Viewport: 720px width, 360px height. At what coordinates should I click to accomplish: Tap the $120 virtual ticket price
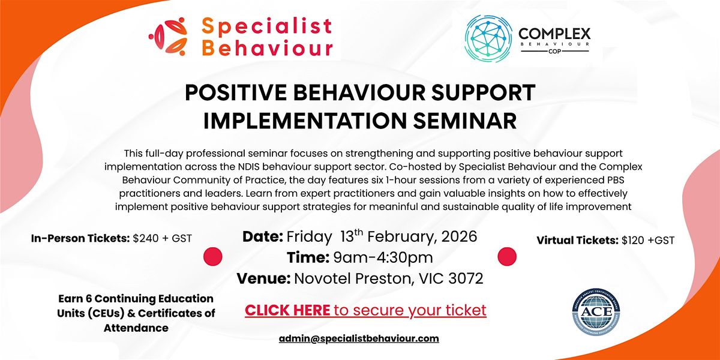[x=631, y=241]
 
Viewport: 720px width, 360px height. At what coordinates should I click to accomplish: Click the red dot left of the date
[x=213, y=256]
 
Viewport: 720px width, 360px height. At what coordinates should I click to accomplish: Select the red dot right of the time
[x=508, y=256]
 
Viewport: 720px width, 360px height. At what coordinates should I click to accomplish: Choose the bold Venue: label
[x=263, y=279]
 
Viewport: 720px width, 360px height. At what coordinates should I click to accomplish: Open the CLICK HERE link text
[x=287, y=311]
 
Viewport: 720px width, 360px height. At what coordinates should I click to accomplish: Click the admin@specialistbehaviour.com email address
[x=359, y=338]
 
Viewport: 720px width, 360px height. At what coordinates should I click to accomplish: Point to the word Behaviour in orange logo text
[x=268, y=48]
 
